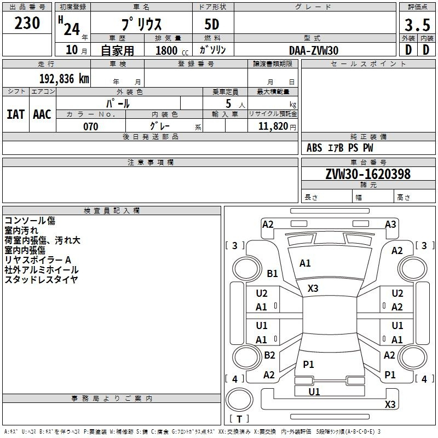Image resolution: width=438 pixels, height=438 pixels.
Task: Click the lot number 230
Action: [27, 24]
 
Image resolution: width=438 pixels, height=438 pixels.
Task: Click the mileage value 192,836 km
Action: [64, 78]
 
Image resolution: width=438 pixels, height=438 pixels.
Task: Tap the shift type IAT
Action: [15, 114]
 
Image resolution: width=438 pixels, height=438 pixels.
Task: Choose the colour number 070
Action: [90, 126]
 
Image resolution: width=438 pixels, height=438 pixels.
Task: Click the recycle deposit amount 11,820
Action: [273, 126]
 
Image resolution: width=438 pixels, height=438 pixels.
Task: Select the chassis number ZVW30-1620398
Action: [367, 174]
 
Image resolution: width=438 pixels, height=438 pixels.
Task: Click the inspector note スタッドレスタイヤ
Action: [41, 280]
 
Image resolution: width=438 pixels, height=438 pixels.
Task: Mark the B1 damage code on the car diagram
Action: [272, 273]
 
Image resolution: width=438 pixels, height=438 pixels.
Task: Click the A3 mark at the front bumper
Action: [390, 224]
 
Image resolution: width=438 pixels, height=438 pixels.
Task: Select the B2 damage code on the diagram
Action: [269, 355]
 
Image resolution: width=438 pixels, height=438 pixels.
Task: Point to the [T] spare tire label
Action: [239, 419]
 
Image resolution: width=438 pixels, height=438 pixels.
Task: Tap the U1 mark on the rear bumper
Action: [314, 391]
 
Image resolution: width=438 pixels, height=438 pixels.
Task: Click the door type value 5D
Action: [212, 26]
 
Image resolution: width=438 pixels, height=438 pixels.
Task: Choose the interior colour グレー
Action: [159, 126]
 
